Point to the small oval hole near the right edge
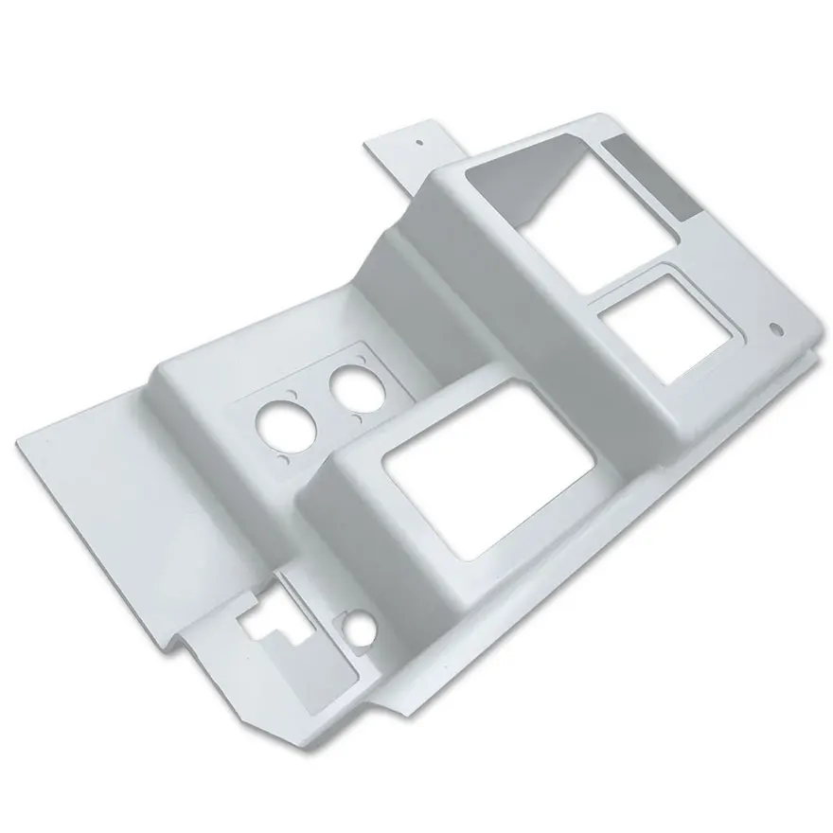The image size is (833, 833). [x=778, y=329]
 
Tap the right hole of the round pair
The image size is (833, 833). [x=348, y=390]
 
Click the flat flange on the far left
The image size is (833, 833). [x=114, y=483]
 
